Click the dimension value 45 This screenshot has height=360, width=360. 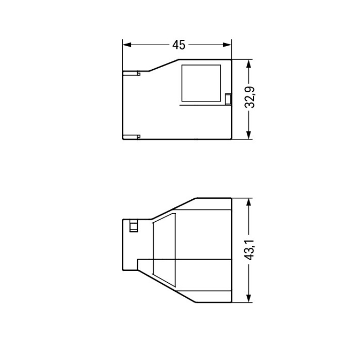(x=179, y=45)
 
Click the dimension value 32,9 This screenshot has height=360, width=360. (x=250, y=97)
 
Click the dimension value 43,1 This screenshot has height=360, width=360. (x=250, y=250)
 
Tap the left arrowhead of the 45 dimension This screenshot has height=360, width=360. (x=127, y=45)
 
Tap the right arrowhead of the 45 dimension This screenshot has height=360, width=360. (x=227, y=45)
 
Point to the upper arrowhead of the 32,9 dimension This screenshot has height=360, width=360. (x=249, y=64)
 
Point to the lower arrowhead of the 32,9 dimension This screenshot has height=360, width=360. (x=249, y=135)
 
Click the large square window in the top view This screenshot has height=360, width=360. (x=201, y=83)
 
